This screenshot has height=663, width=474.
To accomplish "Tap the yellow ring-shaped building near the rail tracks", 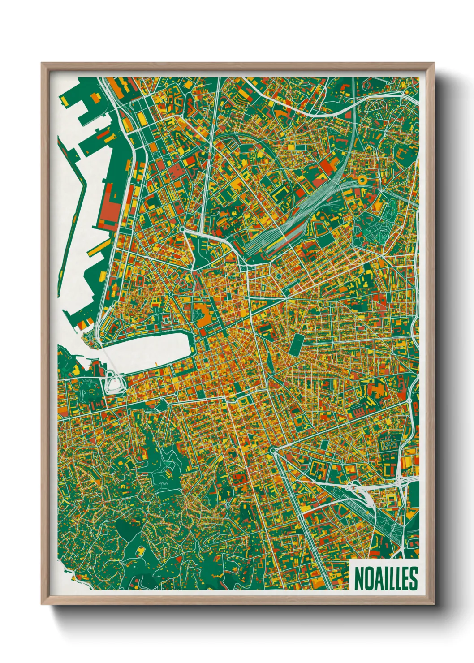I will (362, 180).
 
